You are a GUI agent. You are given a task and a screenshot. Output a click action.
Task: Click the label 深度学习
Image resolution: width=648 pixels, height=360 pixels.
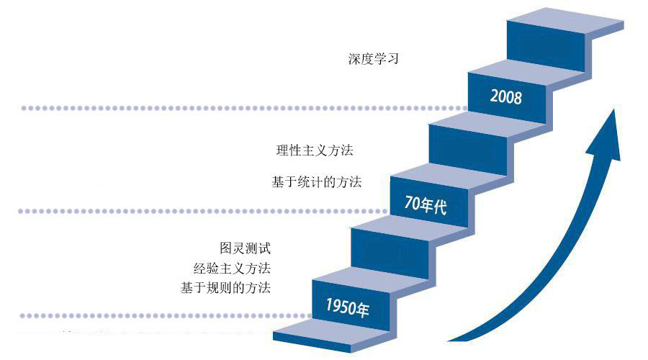373,59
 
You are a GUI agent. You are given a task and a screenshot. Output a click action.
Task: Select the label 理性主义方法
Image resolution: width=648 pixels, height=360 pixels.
315,150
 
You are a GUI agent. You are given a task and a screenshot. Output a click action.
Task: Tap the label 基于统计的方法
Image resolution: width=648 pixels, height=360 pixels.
316,182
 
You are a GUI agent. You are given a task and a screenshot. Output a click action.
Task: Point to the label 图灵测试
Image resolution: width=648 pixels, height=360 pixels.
245,248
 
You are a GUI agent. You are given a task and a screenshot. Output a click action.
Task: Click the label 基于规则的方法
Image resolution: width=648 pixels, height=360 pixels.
226,288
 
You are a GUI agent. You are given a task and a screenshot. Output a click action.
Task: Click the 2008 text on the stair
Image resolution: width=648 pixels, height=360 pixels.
505,96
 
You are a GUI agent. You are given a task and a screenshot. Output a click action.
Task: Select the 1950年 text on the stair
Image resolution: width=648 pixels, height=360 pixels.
347,307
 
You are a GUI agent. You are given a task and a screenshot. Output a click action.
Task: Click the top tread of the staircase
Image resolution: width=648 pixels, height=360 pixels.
569,19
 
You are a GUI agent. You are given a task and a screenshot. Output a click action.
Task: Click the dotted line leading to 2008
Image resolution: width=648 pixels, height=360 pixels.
238,108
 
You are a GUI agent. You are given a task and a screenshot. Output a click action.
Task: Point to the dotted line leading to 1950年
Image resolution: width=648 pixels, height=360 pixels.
158,315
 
